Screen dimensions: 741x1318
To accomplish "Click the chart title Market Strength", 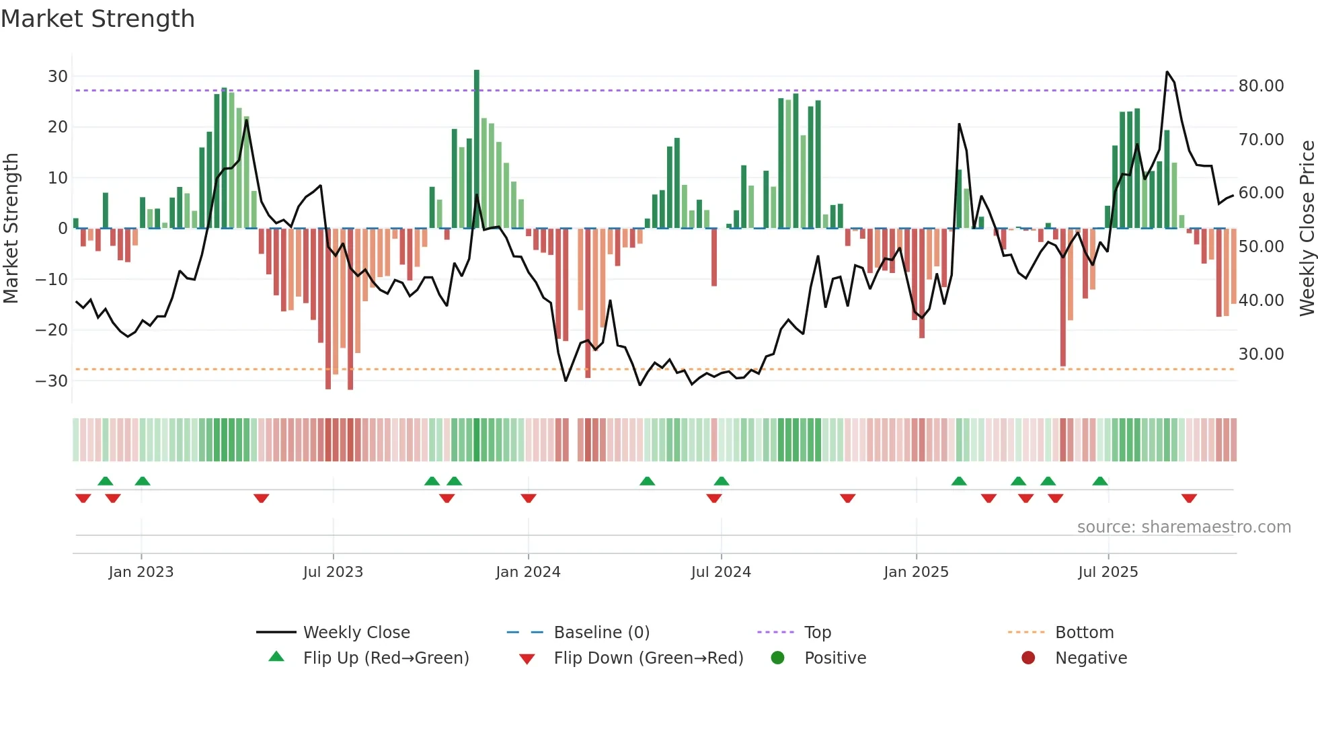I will (98, 19).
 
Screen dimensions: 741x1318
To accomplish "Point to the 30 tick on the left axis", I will (58, 77).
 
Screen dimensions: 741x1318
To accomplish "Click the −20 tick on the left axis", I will (52, 330).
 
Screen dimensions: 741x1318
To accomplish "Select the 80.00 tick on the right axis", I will (1261, 86).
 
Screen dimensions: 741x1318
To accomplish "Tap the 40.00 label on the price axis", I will (1261, 301).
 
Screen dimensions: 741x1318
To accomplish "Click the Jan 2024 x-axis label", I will (528, 572).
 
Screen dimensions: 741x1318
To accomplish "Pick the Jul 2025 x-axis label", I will (1108, 572).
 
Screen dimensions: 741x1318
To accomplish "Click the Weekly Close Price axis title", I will (1307, 228).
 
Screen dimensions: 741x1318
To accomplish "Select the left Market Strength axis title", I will (11, 228).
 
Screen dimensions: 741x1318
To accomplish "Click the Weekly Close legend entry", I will (356, 633).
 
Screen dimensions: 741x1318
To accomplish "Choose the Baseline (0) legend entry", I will (601, 633).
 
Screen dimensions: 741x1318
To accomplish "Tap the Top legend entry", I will (817, 633).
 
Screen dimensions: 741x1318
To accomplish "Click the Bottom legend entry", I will (1084, 633).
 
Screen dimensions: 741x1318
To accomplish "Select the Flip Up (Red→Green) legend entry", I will (385, 658).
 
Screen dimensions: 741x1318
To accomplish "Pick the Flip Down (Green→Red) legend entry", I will (648, 658).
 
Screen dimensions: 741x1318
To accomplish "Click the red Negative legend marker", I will (1028, 658).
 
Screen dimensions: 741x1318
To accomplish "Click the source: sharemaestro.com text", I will (1184, 527).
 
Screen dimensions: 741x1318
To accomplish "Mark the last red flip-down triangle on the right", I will (1189, 498).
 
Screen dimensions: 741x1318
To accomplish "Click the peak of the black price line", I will (1167, 72).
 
